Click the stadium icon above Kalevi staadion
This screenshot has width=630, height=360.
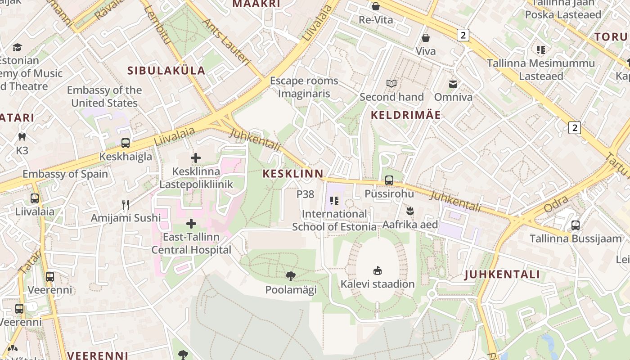pyautogui.click(x=378, y=270)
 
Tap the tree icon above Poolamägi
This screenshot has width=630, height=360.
pyautogui.click(x=291, y=276)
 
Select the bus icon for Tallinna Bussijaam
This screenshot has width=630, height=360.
pyautogui.click(x=575, y=225)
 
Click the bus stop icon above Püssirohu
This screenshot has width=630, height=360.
pyautogui.click(x=389, y=180)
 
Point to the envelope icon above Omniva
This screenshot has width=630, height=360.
pyautogui.click(x=453, y=84)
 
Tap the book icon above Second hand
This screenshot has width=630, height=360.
pyautogui.click(x=391, y=83)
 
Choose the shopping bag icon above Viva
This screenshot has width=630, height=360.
pyautogui.click(x=426, y=38)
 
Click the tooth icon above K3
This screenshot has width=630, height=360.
pyautogui.click(x=22, y=137)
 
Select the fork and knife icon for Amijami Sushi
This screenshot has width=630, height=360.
pyautogui.click(x=126, y=205)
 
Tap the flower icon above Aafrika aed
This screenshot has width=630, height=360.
pyautogui.click(x=410, y=211)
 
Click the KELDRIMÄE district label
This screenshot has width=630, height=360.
pyautogui.click(x=406, y=115)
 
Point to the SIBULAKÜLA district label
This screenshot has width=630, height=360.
pyautogui.click(x=166, y=71)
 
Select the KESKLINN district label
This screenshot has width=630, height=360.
pyautogui.click(x=293, y=174)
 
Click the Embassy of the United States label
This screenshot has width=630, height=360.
pyautogui.click(x=104, y=97)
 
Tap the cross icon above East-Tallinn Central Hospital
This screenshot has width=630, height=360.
pyautogui.click(x=191, y=224)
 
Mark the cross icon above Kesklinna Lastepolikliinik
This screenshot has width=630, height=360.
pyautogui.click(x=196, y=158)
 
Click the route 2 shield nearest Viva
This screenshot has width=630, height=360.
pyautogui.click(x=463, y=35)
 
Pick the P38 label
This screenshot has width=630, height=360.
pyautogui.click(x=305, y=194)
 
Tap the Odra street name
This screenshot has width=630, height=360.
pyautogui.click(x=556, y=207)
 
